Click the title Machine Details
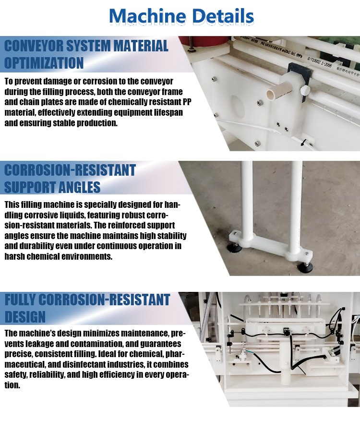pos(181,16)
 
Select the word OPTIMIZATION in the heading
pos(44,63)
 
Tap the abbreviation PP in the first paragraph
pos(187,102)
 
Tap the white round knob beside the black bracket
pos(305,89)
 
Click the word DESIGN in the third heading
pos(25,317)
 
